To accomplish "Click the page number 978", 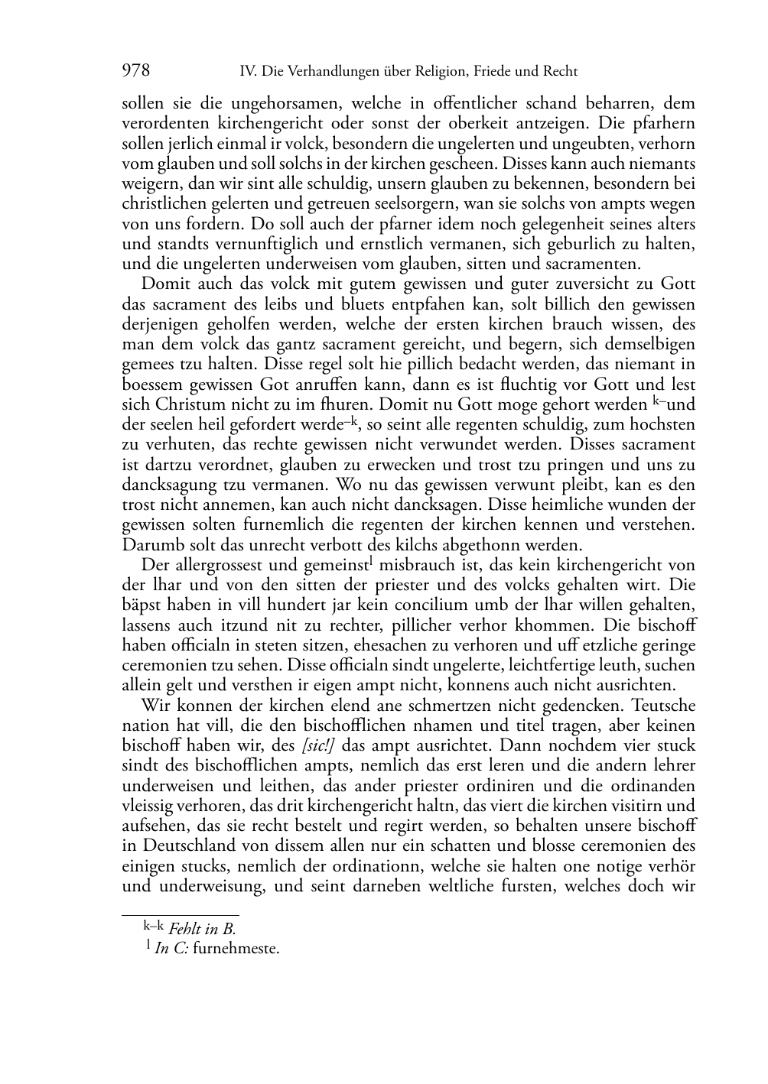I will point(136,71).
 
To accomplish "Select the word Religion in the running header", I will point(434,72).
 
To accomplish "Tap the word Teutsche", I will point(664,706).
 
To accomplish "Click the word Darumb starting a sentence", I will point(148,546).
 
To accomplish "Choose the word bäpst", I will point(142,605).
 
